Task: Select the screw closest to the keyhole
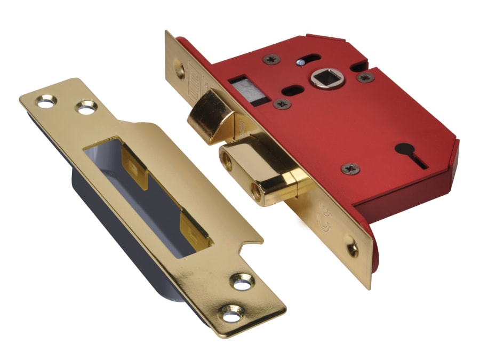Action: [350, 169]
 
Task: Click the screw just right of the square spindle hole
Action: [365, 77]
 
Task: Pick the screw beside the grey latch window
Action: [282, 103]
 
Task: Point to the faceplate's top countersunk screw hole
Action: [180, 70]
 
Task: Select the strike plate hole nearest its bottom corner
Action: [233, 315]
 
